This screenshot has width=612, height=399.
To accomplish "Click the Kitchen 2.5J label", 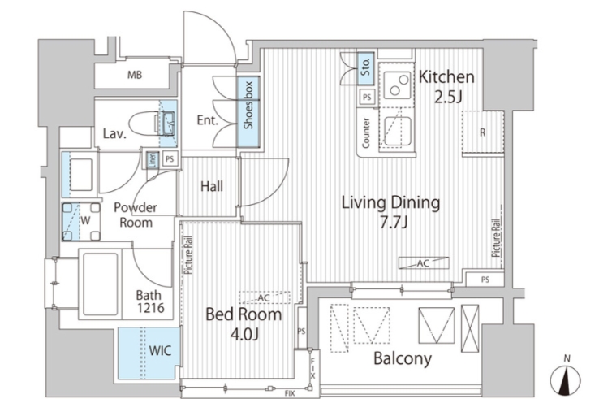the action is [446, 87].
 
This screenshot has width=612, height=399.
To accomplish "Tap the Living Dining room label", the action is [391, 212].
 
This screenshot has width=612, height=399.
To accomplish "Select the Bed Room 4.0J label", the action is [244, 324].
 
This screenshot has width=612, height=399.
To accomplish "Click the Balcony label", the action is [403, 358].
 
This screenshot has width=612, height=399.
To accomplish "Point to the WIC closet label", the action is [160, 350].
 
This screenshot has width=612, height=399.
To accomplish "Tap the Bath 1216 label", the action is [150, 301].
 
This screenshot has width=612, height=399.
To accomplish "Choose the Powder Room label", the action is [136, 215].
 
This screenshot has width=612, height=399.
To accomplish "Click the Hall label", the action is [212, 186].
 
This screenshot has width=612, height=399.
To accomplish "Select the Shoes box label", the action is [248, 105].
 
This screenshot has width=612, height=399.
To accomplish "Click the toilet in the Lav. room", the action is [153, 124].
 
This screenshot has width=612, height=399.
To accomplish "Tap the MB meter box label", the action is [135, 74].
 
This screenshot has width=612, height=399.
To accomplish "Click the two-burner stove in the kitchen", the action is [398, 85].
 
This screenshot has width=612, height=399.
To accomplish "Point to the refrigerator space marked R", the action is [483, 132].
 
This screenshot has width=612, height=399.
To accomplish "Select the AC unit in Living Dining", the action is [424, 263].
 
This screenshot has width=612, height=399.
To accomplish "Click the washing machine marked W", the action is [81, 221].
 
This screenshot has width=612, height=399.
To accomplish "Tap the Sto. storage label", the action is [366, 67].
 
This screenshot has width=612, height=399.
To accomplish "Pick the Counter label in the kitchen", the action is [366, 133].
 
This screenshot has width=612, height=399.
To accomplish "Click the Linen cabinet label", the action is [153, 159].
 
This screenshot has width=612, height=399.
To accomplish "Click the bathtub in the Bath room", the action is [101, 284].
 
